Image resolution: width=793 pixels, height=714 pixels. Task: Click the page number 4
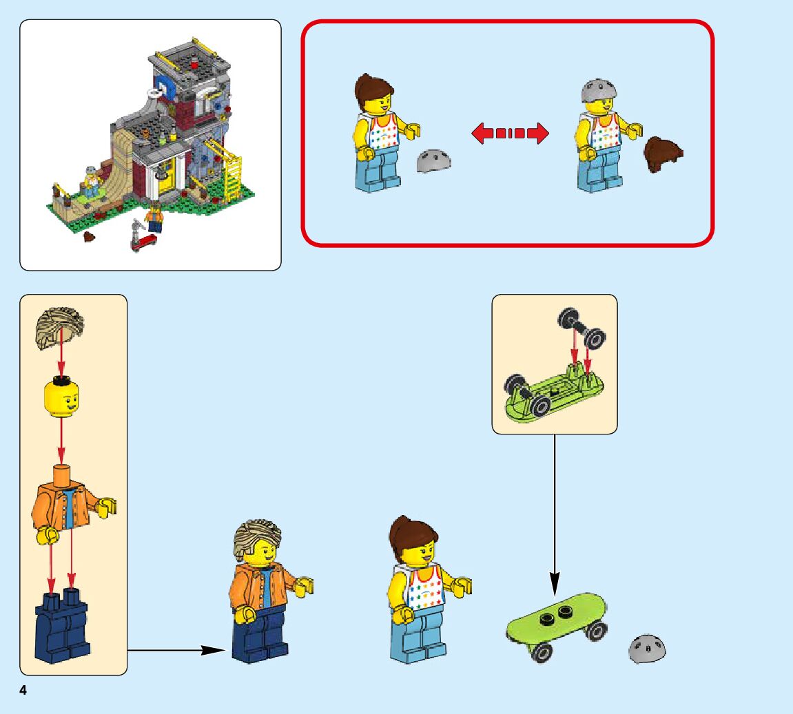[23, 691]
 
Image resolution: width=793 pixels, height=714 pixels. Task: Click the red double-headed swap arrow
[510, 133]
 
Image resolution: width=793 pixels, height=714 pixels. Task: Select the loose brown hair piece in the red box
[663, 154]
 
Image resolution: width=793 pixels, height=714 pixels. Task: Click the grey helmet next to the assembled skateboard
[648, 649]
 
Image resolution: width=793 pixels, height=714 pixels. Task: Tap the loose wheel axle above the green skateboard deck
[581, 326]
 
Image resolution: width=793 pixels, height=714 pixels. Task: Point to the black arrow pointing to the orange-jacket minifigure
[179, 649]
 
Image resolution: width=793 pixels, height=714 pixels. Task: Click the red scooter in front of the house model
[142, 238]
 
